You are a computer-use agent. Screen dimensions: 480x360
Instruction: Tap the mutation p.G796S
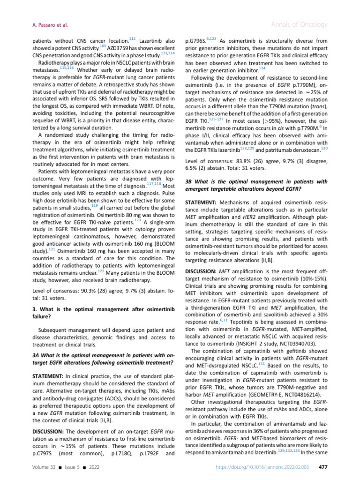[197, 40]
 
